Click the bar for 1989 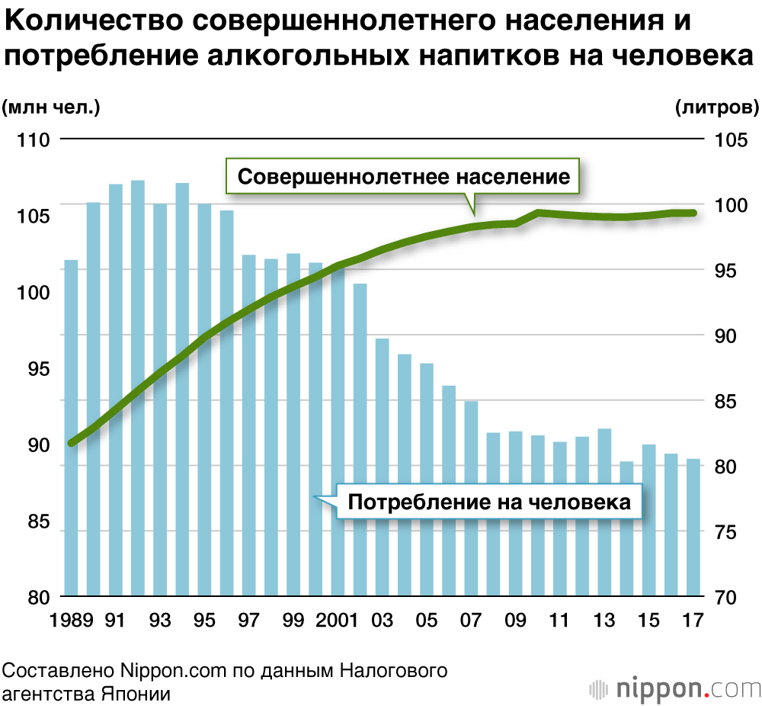tap(71, 427)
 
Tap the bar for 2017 tap(693, 526)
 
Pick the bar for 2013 tap(604, 512)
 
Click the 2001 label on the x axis tap(338, 621)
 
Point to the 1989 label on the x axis tap(73, 621)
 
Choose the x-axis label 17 tap(693, 621)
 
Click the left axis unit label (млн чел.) tap(51, 108)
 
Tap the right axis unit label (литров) tap(717, 108)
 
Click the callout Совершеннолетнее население tap(403, 177)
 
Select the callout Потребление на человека tap(488, 502)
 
